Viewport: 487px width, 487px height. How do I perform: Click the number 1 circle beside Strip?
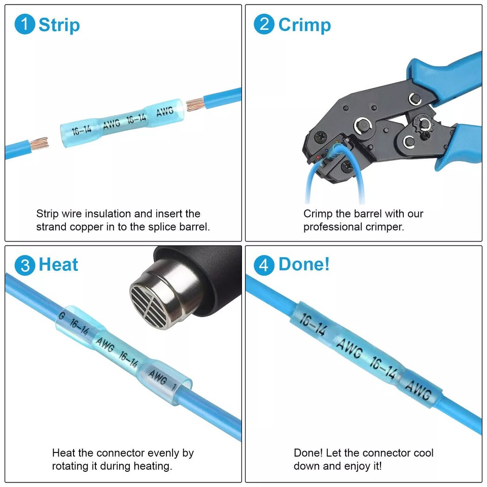[25, 25]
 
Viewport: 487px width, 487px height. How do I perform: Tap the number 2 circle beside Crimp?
[264, 25]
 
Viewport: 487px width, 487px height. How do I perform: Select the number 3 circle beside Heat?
[25, 265]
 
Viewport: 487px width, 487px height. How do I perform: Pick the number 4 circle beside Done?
[264, 265]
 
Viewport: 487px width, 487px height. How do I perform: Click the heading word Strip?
[59, 25]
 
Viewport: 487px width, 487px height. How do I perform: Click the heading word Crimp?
[304, 25]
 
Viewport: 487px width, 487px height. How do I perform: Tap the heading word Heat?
[59, 265]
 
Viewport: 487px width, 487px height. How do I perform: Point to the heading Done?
[304, 265]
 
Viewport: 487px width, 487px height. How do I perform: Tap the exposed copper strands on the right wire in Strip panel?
[194, 105]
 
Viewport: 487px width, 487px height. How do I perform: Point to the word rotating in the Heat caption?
[72, 466]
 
